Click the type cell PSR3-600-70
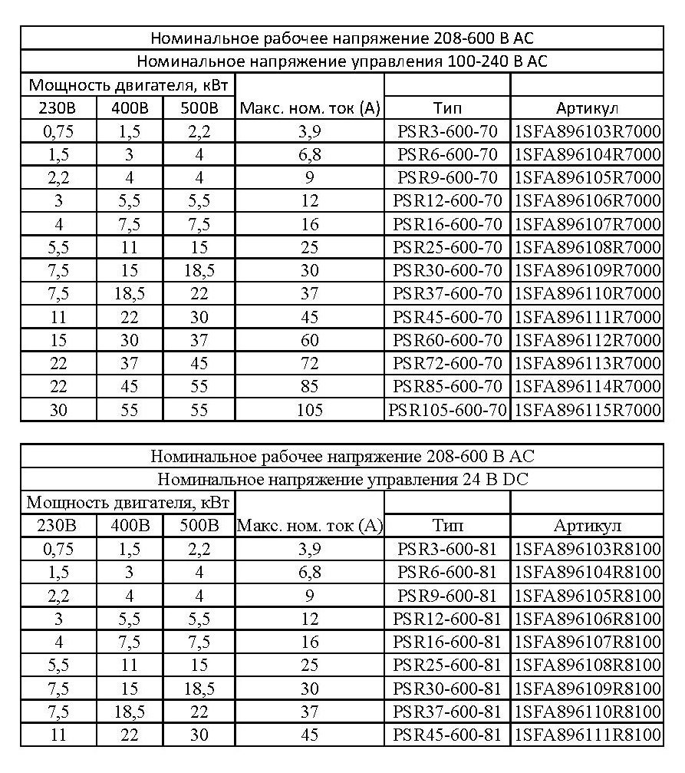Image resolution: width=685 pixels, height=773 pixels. pyautogui.click(x=447, y=131)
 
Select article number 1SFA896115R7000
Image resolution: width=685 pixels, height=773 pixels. pyautogui.click(x=587, y=409)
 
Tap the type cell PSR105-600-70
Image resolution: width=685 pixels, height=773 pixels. pyautogui.click(x=447, y=409)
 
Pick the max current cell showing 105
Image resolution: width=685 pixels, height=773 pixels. pyautogui.click(x=309, y=409)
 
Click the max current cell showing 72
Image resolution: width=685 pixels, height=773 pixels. pyautogui.click(x=309, y=363)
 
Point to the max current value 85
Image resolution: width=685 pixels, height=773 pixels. pyautogui.click(x=309, y=386)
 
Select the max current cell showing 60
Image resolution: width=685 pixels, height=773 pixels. pyautogui.click(x=309, y=340)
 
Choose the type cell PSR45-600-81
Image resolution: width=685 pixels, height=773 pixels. pyautogui.click(x=447, y=735)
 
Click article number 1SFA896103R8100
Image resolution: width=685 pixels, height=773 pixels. pyautogui.click(x=587, y=550)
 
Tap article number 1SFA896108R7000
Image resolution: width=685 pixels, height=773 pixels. pyautogui.click(x=587, y=247)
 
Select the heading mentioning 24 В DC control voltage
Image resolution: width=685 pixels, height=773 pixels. pyautogui.click(x=342, y=480)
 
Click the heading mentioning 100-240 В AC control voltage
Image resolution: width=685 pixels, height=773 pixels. pyautogui.click(x=342, y=61)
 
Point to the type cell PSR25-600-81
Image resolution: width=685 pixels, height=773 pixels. pyautogui.click(x=447, y=665)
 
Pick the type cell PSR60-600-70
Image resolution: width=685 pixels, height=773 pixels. pyautogui.click(x=447, y=340)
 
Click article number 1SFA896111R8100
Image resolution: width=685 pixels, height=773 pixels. pyautogui.click(x=587, y=735)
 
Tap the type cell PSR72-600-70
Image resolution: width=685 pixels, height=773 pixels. pyautogui.click(x=447, y=363)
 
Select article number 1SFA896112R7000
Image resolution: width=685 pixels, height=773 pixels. pyautogui.click(x=587, y=340)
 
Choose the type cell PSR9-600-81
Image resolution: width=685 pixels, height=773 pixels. pyautogui.click(x=447, y=596)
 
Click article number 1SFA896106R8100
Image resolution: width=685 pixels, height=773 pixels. pyautogui.click(x=587, y=619)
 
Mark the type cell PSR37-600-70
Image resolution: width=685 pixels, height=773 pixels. pyautogui.click(x=447, y=294)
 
